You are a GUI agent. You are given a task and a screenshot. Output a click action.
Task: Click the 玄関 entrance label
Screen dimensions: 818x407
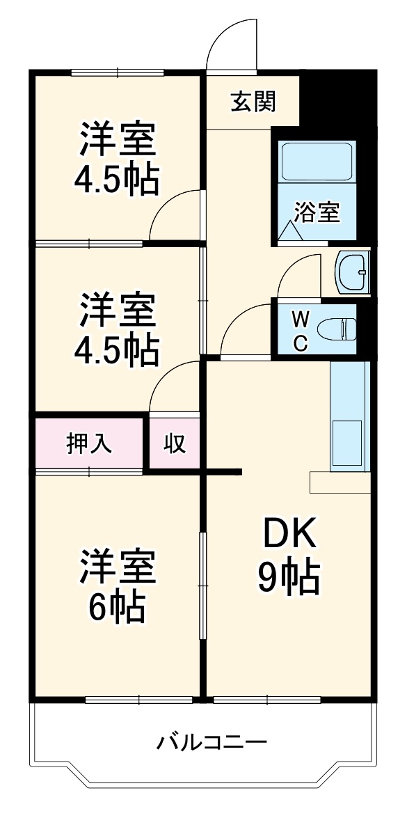pyautogui.click(x=253, y=102)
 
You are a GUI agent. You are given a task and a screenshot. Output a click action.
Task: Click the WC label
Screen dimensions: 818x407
pyautogui.click(x=300, y=331)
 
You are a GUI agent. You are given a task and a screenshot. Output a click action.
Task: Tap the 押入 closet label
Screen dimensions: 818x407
pyautogui.click(x=88, y=443)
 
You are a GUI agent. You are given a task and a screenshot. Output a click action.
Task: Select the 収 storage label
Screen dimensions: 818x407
pyautogui.click(x=175, y=443)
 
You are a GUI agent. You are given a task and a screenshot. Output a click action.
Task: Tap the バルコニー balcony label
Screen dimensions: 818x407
pyautogui.click(x=211, y=741)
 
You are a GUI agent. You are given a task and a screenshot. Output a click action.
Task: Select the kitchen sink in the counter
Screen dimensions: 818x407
pyautogui.click(x=346, y=443)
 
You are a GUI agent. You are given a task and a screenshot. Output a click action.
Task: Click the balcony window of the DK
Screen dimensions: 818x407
pyautogui.click(x=267, y=699)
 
